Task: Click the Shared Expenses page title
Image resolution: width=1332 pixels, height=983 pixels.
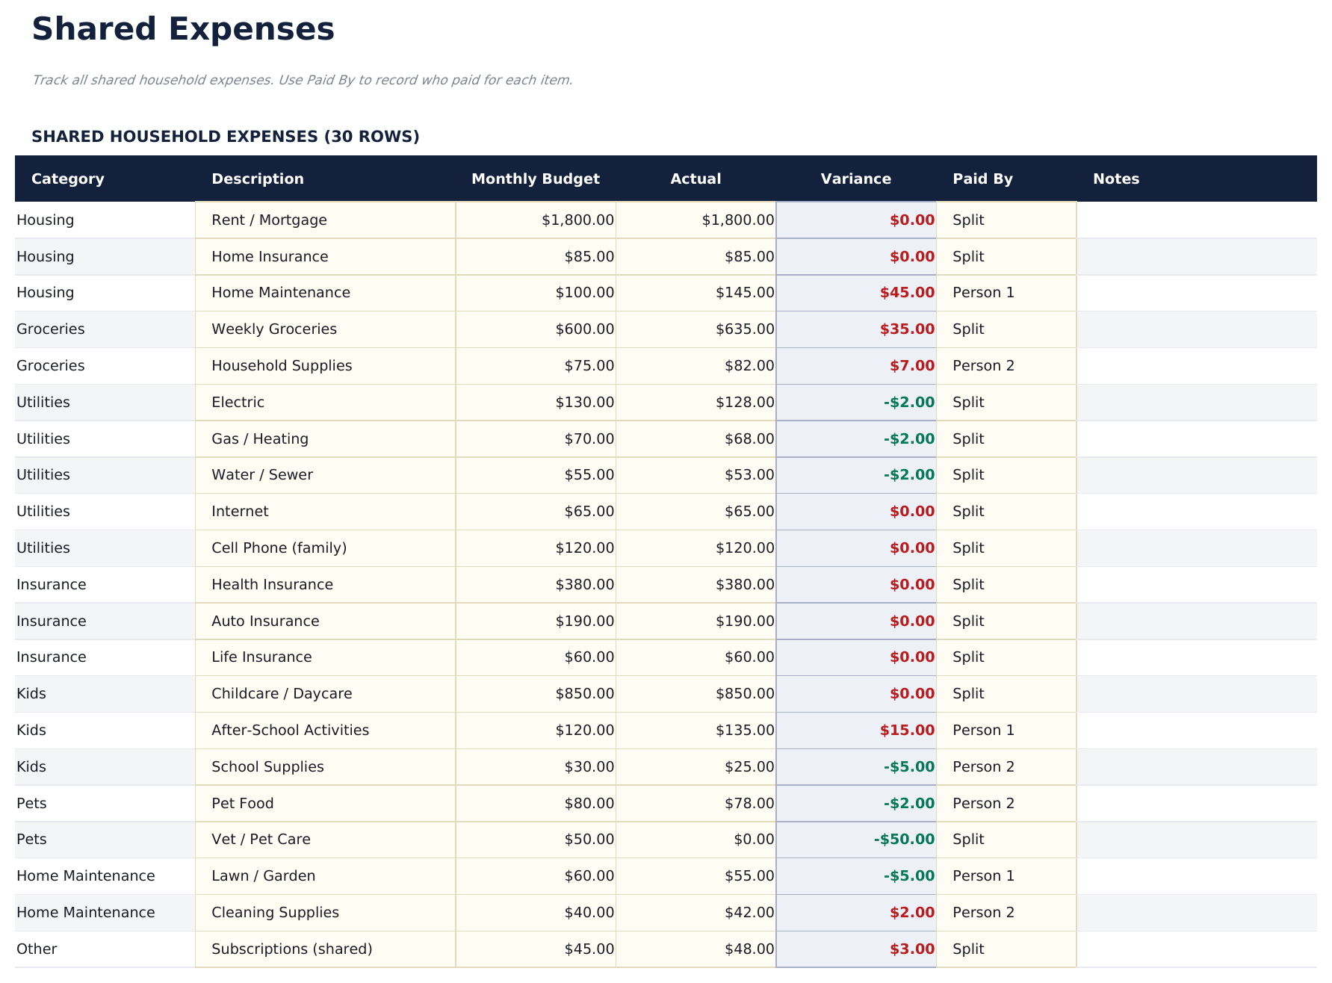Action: coord(183,30)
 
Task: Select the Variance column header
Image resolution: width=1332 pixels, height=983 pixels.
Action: coord(855,179)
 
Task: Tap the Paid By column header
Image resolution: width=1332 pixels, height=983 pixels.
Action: coord(982,179)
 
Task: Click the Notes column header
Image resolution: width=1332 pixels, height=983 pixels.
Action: coord(1115,179)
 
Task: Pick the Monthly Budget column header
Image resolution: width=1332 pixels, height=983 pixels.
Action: coord(535,179)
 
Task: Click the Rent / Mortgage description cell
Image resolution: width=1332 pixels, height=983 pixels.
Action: coord(269,220)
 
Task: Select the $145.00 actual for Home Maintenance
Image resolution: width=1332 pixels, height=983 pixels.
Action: coord(745,293)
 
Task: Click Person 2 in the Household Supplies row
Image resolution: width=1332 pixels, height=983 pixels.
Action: coord(983,366)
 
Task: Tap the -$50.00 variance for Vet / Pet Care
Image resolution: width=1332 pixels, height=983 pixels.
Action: coord(904,840)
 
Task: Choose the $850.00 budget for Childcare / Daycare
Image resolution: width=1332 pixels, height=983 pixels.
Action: coord(584,694)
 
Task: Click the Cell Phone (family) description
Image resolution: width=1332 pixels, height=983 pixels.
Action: coord(279,548)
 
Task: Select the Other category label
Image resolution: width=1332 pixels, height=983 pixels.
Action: coord(37,949)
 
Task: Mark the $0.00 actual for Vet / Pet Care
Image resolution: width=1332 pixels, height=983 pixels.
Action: coord(754,840)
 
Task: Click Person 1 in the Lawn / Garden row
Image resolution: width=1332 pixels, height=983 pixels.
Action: coord(983,876)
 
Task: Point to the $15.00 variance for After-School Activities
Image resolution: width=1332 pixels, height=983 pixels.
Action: coord(907,731)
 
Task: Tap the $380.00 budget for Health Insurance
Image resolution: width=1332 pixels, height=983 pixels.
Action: coord(584,585)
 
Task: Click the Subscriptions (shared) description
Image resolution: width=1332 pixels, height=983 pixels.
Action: coord(291,949)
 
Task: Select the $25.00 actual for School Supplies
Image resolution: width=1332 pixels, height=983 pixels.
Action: coord(749,767)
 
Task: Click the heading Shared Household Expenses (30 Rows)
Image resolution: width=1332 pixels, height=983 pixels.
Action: coord(225,137)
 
